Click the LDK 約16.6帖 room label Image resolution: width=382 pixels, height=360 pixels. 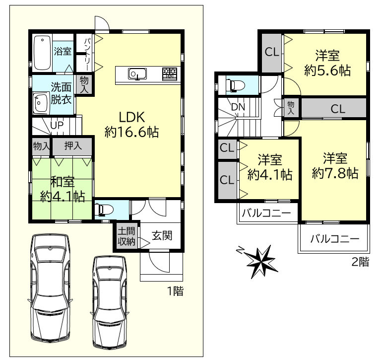(131, 124)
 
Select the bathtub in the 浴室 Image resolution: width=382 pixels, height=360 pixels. (42, 52)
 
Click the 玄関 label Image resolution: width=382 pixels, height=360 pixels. (162, 236)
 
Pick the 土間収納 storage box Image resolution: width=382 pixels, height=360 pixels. (126, 236)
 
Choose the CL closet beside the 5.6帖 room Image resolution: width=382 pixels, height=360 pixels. (271, 51)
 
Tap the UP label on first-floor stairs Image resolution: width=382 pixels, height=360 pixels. (57, 125)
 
